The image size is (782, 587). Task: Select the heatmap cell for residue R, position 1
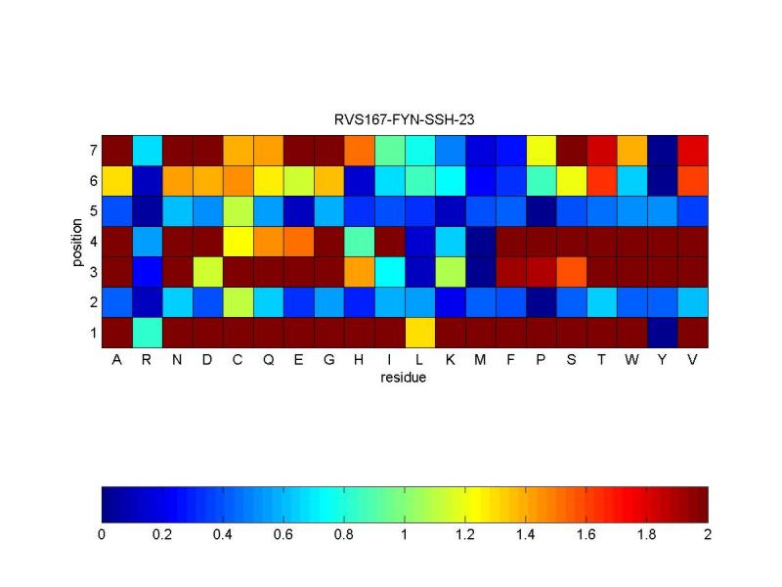(x=148, y=333)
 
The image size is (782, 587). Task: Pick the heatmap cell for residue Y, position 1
(x=663, y=333)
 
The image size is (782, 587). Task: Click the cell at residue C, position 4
(x=239, y=242)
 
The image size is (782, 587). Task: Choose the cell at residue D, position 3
(x=208, y=272)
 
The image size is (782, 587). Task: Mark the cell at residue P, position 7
(x=542, y=151)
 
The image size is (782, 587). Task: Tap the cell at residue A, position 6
(x=117, y=181)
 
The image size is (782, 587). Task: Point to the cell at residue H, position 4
(x=360, y=242)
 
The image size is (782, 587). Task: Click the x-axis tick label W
(x=632, y=361)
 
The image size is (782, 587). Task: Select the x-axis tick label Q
(x=269, y=361)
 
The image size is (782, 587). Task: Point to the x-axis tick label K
(x=451, y=361)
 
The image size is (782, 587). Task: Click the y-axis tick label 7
(x=92, y=151)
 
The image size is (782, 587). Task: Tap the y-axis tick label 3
(x=92, y=272)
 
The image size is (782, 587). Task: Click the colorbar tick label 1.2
(x=465, y=535)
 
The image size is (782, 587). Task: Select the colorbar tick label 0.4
(x=223, y=535)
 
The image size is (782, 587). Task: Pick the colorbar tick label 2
(x=708, y=535)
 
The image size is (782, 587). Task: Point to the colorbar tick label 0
(x=102, y=535)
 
